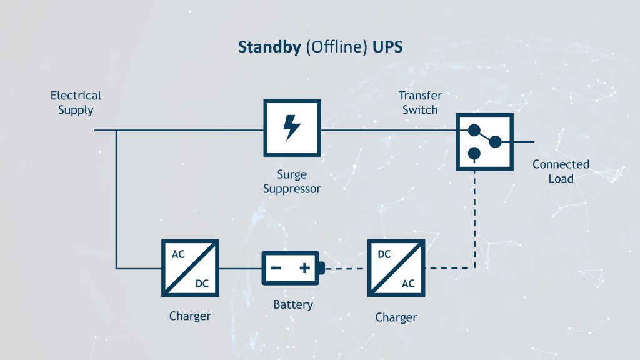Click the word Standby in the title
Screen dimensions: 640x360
(x=269, y=47)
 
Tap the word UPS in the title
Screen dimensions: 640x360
(x=387, y=47)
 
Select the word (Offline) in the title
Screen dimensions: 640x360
(x=337, y=47)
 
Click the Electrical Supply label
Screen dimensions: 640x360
(x=76, y=103)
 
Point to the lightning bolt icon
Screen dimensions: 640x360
(x=292, y=127)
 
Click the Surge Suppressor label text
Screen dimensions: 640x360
(x=292, y=182)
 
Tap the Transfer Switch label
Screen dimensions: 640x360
(x=420, y=103)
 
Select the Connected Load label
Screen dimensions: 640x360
(x=561, y=171)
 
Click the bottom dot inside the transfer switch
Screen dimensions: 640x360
(x=474, y=154)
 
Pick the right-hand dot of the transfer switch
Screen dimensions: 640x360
(x=495, y=142)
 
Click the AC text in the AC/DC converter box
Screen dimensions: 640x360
(x=178, y=254)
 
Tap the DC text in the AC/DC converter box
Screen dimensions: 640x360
(x=202, y=283)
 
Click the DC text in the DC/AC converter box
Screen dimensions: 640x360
(x=384, y=254)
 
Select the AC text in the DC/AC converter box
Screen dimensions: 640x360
(x=408, y=283)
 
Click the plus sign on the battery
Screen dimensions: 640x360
(x=304, y=268)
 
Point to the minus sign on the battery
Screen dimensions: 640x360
(x=276, y=268)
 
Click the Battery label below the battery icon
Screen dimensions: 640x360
(x=293, y=305)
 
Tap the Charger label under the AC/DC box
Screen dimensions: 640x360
(x=190, y=316)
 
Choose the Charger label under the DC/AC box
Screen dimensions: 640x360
(x=396, y=317)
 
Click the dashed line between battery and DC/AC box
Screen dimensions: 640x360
(x=345, y=269)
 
